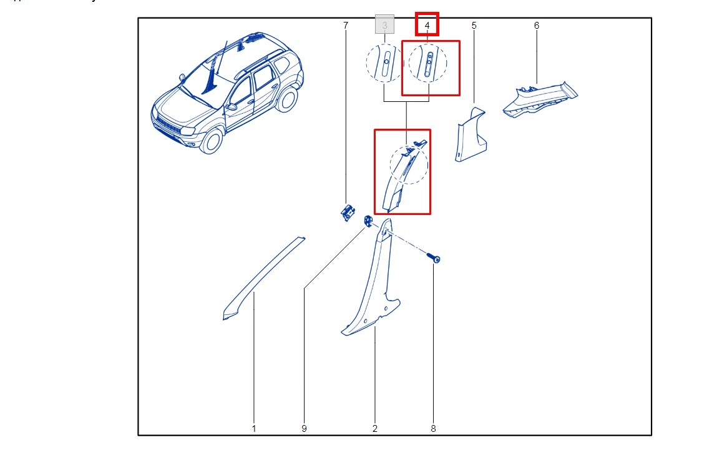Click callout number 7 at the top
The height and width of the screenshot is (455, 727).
tap(345, 26)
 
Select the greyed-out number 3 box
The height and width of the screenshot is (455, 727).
tap(384, 25)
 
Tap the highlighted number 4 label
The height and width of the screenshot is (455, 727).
tap(427, 25)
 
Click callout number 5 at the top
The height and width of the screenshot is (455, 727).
tap(474, 26)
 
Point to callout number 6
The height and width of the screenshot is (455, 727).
tap(537, 26)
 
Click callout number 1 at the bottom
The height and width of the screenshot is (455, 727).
tap(254, 429)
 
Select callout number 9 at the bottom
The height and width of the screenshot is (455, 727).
tap(304, 429)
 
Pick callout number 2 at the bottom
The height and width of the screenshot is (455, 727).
tap(375, 429)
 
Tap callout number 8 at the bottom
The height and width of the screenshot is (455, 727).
tap(433, 429)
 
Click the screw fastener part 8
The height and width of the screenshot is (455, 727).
tap(434, 257)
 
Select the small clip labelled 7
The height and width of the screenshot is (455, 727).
tap(346, 211)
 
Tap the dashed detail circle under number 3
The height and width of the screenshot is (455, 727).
tap(384, 63)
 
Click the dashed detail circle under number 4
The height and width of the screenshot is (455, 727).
tap(427, 63)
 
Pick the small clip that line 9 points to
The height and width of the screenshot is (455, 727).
tap(368, 221)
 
